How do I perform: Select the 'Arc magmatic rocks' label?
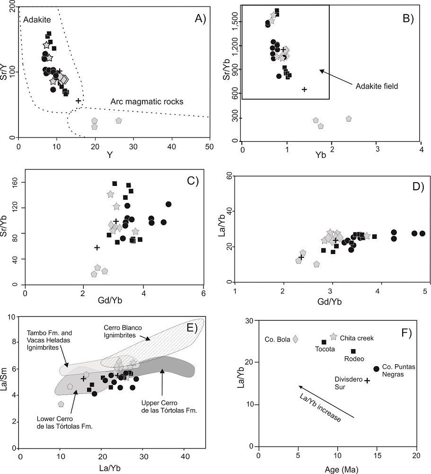click(147, 101)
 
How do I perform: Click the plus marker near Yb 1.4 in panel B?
click(304, 89)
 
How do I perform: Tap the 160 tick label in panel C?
click(16, 181)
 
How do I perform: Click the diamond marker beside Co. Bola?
click(296, 339)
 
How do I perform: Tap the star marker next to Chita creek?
click(334, 337)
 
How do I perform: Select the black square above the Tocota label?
click(324, 342)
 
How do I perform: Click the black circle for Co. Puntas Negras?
click(376, 369)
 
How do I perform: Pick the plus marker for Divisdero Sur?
click(367, 380)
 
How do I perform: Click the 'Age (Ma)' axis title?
click(337, 468)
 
